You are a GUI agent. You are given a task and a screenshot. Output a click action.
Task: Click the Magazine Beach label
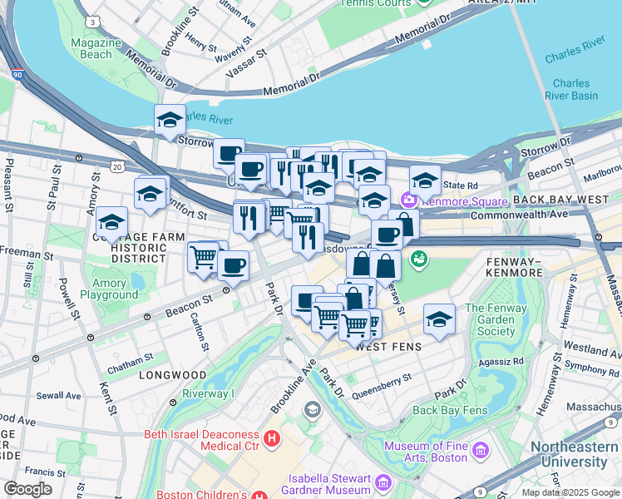click(91, 48)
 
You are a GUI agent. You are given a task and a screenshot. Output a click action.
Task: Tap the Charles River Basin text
click(571, 89)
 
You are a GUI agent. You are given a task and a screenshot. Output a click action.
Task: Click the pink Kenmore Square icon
click(407, 200)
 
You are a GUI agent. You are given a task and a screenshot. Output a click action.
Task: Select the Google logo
click(27, 489)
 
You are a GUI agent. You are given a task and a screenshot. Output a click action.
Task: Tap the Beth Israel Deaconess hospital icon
click(270, 437)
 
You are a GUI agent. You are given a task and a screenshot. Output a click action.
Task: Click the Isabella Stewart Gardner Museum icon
click(383, 482)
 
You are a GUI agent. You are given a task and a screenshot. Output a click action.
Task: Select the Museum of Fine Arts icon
click(480, 451)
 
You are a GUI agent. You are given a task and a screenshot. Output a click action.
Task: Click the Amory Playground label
click(109, 289)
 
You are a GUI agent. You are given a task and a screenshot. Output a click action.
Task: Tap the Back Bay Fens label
click(447, 410)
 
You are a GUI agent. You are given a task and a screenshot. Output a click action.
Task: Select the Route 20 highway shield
click(118, 167)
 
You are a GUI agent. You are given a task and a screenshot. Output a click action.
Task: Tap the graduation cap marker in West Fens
click(439, 319)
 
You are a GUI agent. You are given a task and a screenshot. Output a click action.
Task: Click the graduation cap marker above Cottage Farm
click(111, 222)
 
